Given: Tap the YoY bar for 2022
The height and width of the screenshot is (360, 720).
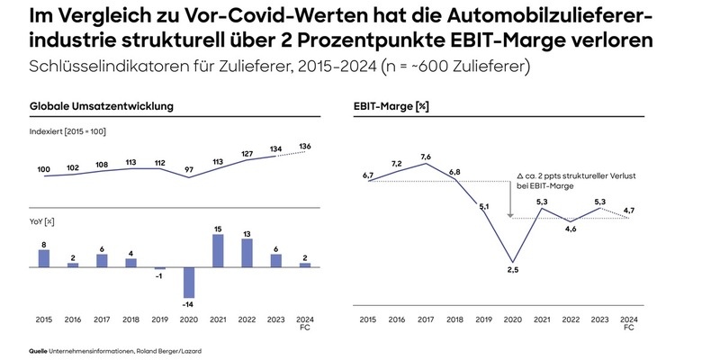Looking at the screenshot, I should [x=247, y=253].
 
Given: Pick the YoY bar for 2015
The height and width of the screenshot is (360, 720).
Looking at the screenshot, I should [x=44, y=258].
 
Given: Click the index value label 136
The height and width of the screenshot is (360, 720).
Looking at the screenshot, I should [x=305, y=147].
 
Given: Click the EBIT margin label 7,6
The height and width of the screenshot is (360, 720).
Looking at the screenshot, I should [x=426, y=156].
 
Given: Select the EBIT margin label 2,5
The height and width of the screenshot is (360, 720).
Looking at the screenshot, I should [x=513, y=271].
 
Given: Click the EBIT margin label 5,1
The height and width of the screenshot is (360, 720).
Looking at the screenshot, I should [x=482, y=207].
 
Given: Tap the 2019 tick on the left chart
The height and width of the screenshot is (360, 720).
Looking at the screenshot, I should [x=160, y=319].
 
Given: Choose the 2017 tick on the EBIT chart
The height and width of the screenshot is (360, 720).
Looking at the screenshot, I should [x=426, y=319].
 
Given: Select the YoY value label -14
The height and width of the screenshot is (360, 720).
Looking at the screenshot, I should [x=189, y=307].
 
